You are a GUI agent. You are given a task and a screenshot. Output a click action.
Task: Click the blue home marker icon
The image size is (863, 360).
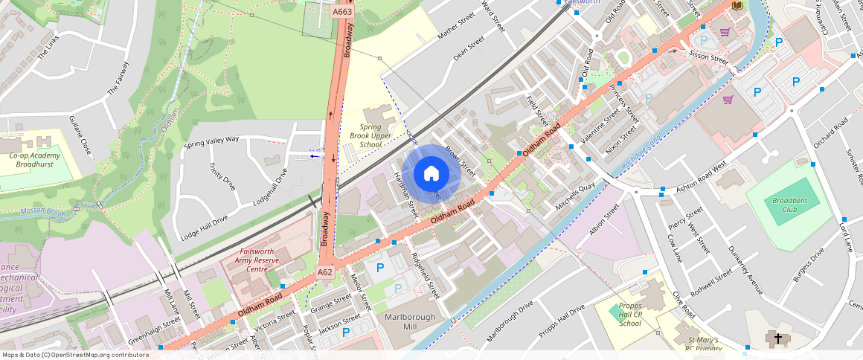point(431,174)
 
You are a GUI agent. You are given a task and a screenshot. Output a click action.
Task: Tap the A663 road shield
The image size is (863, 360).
point(342,12)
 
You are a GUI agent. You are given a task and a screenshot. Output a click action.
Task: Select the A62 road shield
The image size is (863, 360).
point(325,272)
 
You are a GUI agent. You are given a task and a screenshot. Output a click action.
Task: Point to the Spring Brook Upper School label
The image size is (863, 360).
point(375,135)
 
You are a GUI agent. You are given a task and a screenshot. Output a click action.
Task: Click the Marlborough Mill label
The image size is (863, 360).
point(408,322)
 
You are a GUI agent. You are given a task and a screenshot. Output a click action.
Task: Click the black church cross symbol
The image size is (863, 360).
point(778,339)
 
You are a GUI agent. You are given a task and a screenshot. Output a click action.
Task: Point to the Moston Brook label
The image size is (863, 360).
point(43,211)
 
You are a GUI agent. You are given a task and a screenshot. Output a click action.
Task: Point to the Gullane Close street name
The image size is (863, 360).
point(80,135)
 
